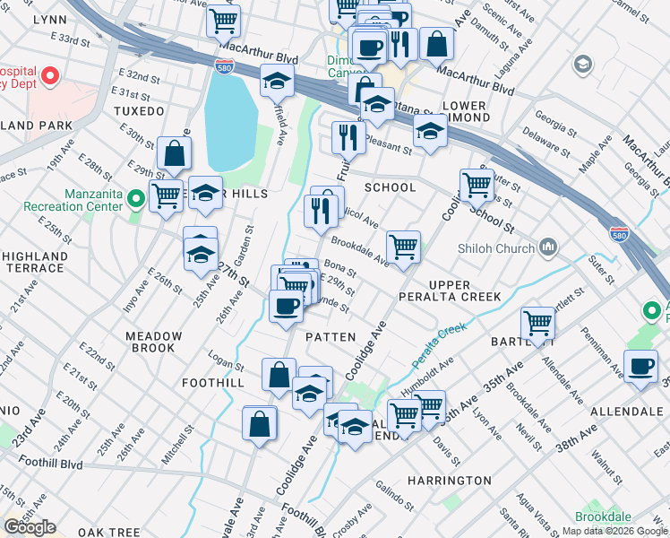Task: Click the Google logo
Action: (30, 526)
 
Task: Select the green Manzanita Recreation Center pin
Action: (136, 199)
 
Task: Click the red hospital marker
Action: (50, 77)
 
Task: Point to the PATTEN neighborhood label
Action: (332, 336)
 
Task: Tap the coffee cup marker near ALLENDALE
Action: (641, 367)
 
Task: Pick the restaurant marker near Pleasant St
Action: (346, 136)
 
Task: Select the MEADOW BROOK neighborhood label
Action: (153, 342)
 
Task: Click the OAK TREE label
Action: (108, 533)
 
